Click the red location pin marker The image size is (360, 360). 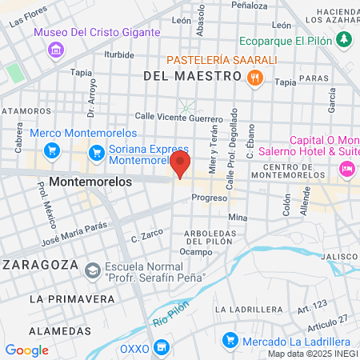pyautogui.click(x=181, y=165)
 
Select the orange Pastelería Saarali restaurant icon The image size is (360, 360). pyautogui.click(x=255, y=78)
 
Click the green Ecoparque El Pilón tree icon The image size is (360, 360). pyautogui.click(x=343, y=39)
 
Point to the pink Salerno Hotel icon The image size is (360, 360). pyautogui.click(x=347, y=168)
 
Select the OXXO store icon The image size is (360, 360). pyautogui.click(x=162, y=347)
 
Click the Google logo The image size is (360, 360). pyautogui.click(x=26, y=350)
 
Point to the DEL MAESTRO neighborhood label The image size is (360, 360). pyautogui.click(x=192, y=76)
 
